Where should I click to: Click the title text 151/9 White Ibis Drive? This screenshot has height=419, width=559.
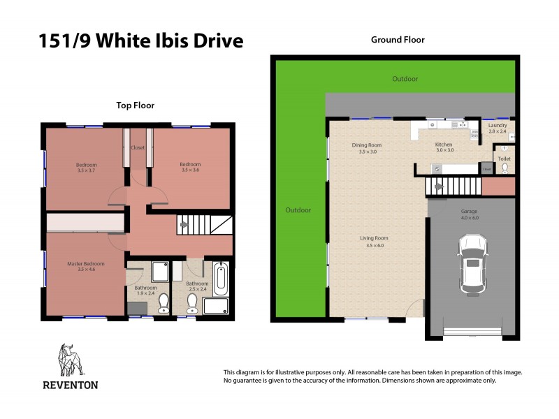point(141,41)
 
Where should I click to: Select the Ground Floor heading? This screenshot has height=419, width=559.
point(397,40)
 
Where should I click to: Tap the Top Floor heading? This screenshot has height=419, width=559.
point(135,105)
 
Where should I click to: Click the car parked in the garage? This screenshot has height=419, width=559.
point(473,264)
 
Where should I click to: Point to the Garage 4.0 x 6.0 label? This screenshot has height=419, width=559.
point(470,214)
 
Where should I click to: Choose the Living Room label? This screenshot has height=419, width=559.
point(374,242)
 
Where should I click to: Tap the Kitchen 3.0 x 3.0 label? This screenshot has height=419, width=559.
point(445,147)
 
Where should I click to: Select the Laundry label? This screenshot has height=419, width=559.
point(498,128)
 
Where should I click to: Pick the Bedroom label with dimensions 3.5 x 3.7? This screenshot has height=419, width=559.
point(87,168)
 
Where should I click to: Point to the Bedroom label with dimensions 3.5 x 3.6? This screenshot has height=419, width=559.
point(190,167)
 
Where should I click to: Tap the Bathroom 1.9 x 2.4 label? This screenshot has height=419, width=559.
point(146,290)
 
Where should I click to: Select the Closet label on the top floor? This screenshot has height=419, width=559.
point(138,148)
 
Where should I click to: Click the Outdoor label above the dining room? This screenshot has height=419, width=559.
point(405,79)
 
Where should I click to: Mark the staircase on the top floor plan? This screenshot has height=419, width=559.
point(203,225)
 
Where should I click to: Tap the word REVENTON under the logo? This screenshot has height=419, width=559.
point(71,385)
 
